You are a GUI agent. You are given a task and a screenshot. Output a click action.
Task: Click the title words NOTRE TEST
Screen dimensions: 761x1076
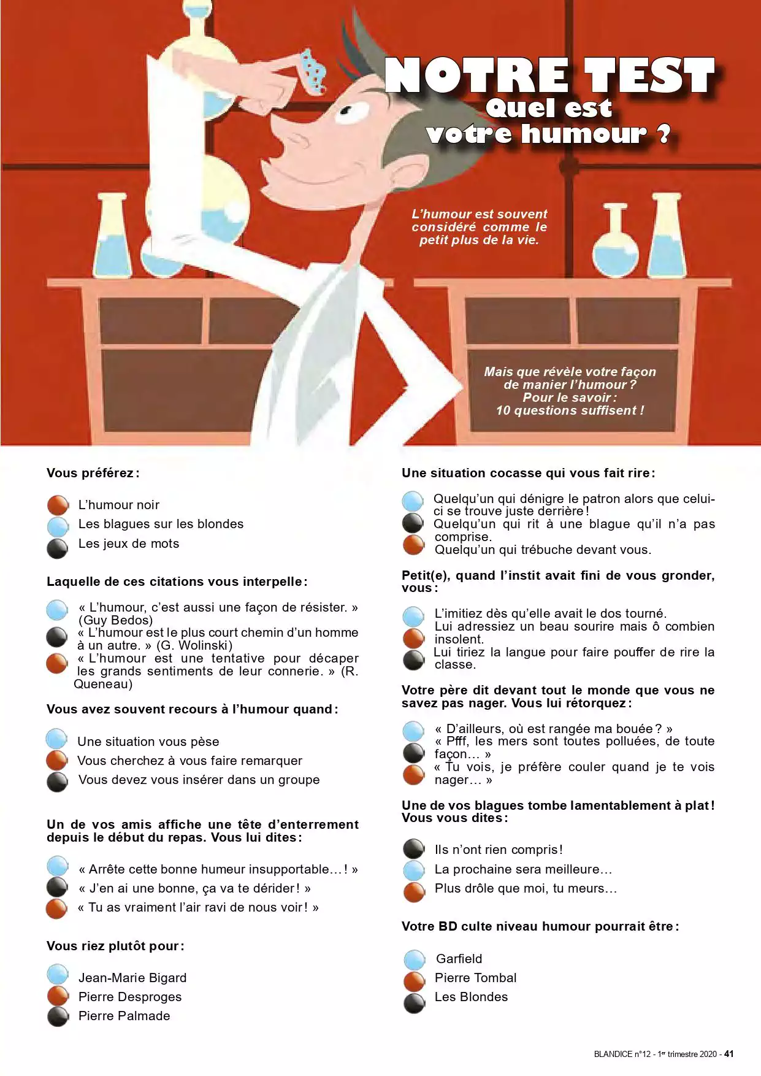[x=550, y=75]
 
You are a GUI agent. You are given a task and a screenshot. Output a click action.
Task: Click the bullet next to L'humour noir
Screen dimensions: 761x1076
[x=58, y=505]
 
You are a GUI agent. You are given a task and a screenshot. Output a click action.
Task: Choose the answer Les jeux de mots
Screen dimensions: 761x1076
[x=129, y=544]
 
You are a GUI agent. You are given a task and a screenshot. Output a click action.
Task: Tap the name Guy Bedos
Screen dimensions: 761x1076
[x=116, y=620]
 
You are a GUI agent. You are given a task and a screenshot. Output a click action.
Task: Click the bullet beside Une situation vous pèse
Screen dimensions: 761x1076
[x=57, y=739]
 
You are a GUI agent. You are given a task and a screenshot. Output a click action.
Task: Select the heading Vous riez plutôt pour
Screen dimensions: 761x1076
[x=115, y=946]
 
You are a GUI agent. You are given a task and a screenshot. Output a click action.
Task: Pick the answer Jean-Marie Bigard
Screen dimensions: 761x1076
[x=132, y=978]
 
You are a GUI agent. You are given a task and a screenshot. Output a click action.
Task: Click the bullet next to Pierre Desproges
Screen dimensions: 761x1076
[x=58, y=996]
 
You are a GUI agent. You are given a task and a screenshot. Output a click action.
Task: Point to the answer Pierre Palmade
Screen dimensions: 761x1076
[x=124, y=1016]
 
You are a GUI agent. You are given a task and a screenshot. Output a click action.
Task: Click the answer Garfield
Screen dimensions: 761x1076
[x=459, y=959]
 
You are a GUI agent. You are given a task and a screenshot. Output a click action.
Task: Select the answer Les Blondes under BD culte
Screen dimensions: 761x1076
[x=471, y=997]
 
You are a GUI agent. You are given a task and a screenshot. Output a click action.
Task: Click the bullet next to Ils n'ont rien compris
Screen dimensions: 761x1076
[x=414, y=849]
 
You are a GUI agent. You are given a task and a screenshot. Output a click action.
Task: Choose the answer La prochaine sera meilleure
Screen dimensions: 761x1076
[x=523, y=869]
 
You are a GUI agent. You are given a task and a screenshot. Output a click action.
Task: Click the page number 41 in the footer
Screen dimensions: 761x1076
[x=728, y=1054]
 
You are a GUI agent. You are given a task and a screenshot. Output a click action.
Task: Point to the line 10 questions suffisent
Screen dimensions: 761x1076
[x=570, y=410]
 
